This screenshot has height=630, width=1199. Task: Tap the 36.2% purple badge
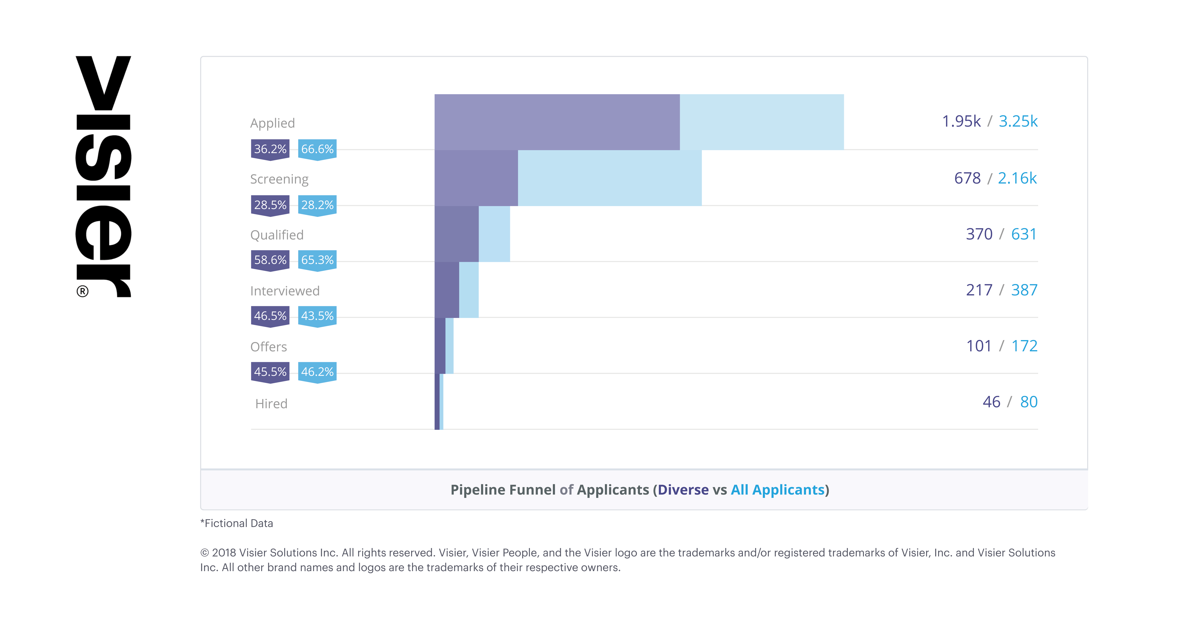pyautogui.click(x=270, y=150)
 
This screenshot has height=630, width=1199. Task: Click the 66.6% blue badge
pyautogui.click(x=317, y=150)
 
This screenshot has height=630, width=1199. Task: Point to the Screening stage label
pyautogui.click(x=279, y=179)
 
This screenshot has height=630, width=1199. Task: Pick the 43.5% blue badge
pyautogui.click(x=317, y=316)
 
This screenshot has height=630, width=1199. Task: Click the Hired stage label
pyautogui.click(x=271, y=404)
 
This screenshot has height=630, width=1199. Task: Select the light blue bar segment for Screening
pyautogui.click(x=609, y=178)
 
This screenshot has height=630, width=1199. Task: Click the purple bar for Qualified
pyautogui.click(x=456, y=234)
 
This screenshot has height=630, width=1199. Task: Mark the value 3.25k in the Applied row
pyautogui.click(x=1018, y=122)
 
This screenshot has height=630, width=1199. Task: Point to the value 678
pyautogui.click(x=967, y=178)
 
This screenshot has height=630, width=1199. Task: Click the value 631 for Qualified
pyautogui.click(x=1024, y=234)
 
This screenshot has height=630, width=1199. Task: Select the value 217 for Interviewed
pyautogui.click(x=979, y=290)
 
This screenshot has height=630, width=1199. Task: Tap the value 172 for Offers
pyautogui.click(x=1025, y=346)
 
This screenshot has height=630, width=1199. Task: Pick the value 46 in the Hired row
pyautogui.click(x=991, y=402)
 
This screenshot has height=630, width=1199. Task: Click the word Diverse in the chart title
pyautogui.click(x=683, y=490)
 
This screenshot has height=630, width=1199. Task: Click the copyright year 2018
pyautogui.click(x=224, y=553)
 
